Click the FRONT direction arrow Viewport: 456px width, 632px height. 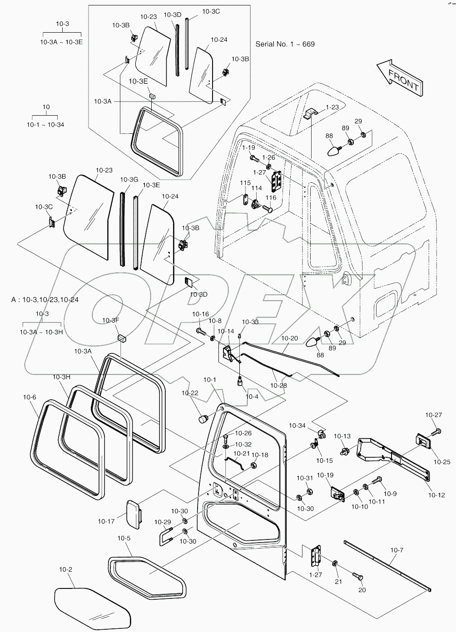[399, 77]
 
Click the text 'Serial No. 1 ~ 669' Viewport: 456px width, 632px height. [285, 44]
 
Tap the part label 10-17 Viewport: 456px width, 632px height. [106, 521]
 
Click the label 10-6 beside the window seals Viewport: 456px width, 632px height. [29, 397]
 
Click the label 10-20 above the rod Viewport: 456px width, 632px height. [289, 338]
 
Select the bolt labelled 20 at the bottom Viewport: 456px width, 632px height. [357, 577]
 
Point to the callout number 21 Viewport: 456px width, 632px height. [338, 582]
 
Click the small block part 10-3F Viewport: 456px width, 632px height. [122, 338]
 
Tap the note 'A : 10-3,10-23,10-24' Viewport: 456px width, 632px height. [45, 300]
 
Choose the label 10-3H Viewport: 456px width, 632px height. [62, 377]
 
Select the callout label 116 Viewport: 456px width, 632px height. [271, 198]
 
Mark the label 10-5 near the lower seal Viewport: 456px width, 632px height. [124, 538]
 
